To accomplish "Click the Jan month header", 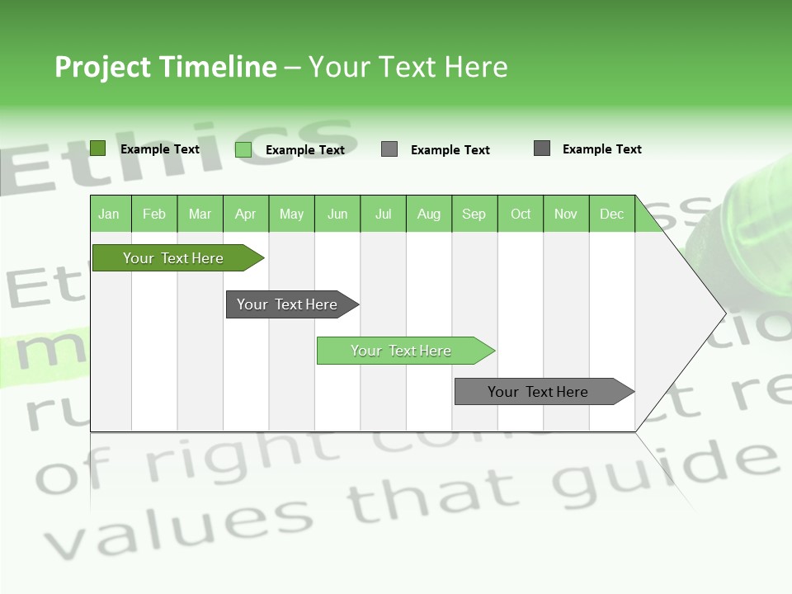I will click(110, 214).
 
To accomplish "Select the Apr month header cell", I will click(246, 214).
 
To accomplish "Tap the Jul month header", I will click(384, 214).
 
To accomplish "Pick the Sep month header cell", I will click(474, 214).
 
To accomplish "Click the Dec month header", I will click(611, 214).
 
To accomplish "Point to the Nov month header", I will click(566, 214).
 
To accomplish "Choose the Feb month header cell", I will click(154, 214).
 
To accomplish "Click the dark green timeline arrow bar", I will click(174, 258).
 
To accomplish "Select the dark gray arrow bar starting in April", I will click(288, 304).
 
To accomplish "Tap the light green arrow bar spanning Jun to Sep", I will click(402, 351).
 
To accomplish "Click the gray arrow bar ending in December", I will click(539, 392).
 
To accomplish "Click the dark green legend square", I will click(97, 148).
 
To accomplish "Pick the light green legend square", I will click(243, 149).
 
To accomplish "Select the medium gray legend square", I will click(389, 149).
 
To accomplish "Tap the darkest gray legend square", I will click(542, 148).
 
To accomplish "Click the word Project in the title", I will click(103, 67).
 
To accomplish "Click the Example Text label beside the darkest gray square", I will click(601, 149).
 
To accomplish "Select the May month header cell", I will click(291, 214).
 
